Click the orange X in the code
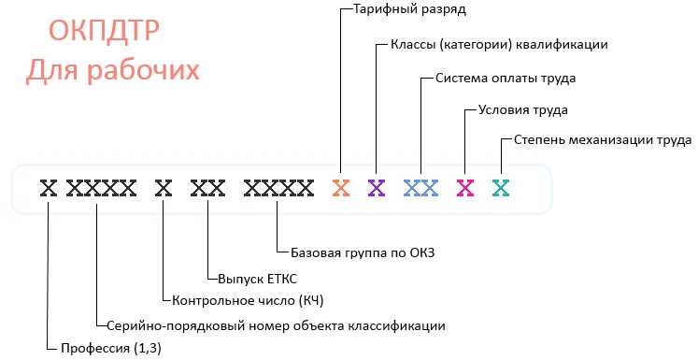click(341, 188)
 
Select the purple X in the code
click(377, 188)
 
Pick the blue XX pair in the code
click(421, 188)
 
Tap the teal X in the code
click(501, 188)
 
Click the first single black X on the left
click(49, 188)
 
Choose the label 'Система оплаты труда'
click(506, 78)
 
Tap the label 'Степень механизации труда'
click(603, 141)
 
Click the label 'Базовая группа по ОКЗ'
click(363, 252)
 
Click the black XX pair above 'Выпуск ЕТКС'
click(207, 188)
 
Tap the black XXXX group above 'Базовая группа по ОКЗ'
click(278, 188)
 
